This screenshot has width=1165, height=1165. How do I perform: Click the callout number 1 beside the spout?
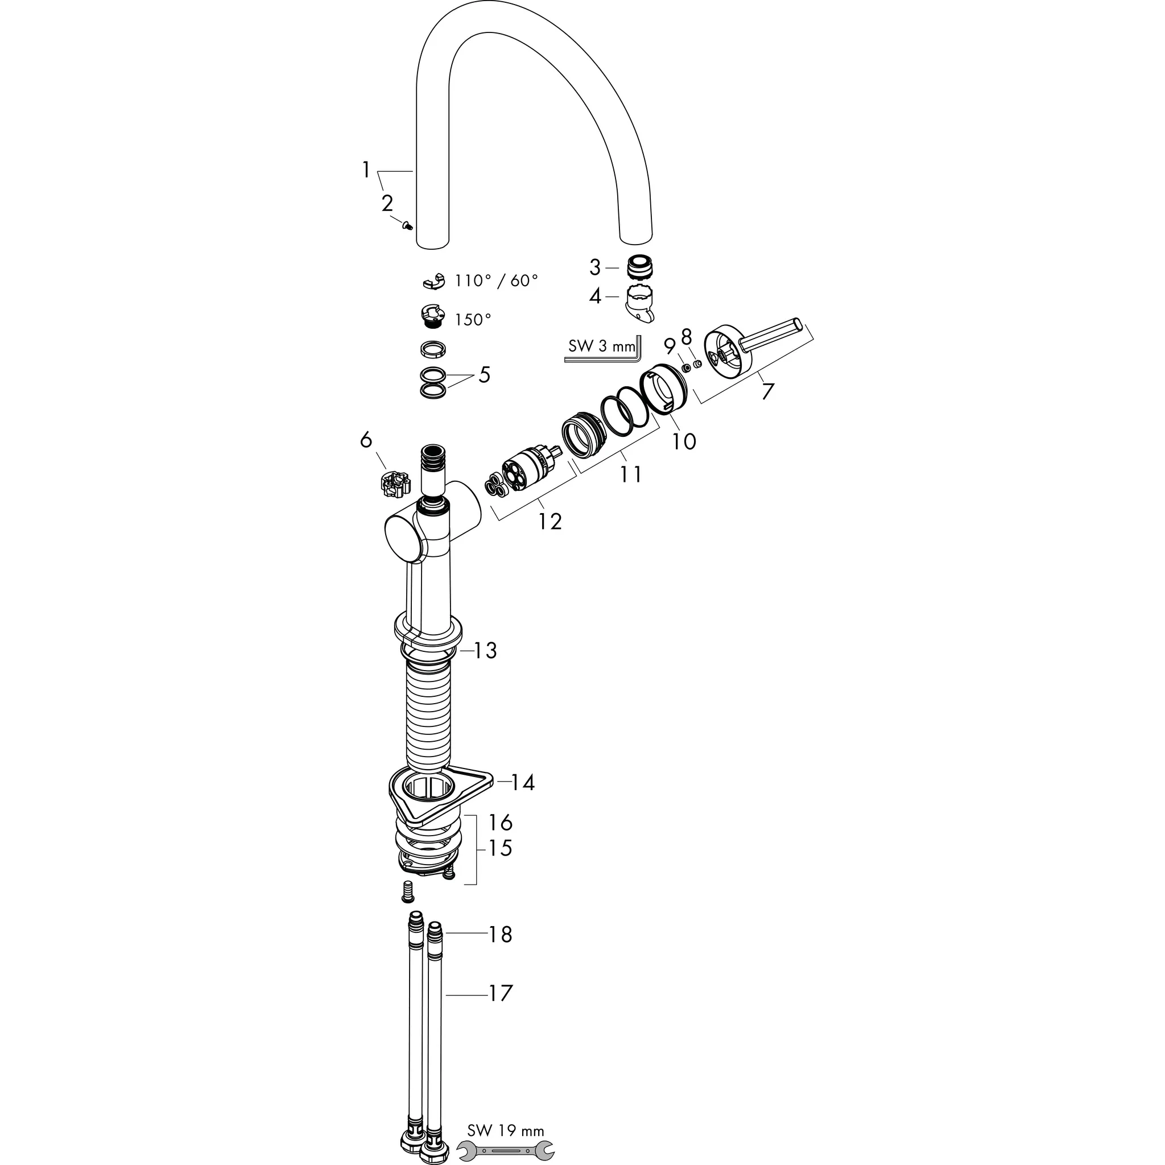point(366,171)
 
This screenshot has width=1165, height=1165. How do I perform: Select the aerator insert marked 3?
point(640,267)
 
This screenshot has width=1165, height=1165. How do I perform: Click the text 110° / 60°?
point(495,281)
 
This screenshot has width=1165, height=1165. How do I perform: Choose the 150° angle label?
point(472,320)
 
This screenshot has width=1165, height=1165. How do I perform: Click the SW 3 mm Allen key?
point(603,358)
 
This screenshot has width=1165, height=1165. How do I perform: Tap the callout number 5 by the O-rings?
point(484,375)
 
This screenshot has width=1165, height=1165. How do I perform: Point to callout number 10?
point(684,441)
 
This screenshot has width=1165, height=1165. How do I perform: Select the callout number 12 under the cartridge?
point(550,521)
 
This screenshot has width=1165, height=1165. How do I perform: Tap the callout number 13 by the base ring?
point(485,651)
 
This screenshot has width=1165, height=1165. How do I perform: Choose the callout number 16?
point(500,822)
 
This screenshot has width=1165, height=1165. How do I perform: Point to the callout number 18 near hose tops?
point(500,934)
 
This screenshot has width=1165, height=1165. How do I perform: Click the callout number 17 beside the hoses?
point(500,993)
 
